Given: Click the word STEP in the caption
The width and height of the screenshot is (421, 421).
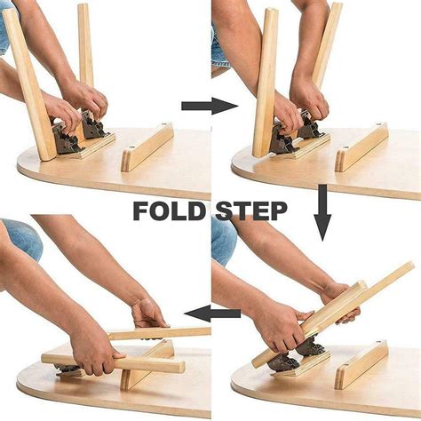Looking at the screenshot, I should pyautogui.click(x=250, y=210).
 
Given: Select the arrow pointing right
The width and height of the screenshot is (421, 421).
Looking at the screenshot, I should pyautogui.click(x=209, y=107).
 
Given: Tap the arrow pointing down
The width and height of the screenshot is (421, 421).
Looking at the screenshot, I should pyautogui.click(x=322, y=212).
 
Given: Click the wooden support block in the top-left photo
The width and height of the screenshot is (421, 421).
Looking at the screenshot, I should pyautogui.click(x=147, y=147).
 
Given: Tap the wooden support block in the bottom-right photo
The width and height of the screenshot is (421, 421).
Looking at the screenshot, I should pyautogui.click(x=361, y=364).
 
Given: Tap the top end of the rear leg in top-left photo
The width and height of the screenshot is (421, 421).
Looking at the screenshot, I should pyautogui.click(x=83, y=9).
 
